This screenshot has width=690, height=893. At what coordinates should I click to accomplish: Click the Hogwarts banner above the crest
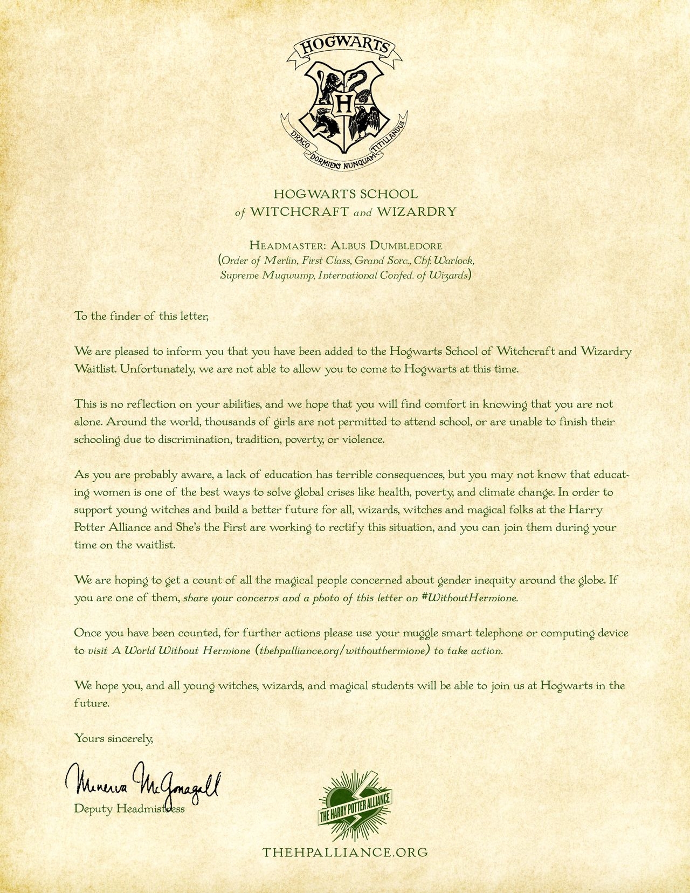(x=345, y=48)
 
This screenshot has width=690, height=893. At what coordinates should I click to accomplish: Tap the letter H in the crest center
(x=346, y=102)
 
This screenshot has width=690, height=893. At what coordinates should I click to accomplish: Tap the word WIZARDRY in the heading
(x=417, y=211)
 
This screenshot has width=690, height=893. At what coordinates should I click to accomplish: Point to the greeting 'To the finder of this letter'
(x=141, y=316)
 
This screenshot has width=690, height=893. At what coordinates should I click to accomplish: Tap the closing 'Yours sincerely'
(x=114, y=738)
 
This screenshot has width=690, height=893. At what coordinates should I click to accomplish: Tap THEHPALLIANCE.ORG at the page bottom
(x=345, y=852)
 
